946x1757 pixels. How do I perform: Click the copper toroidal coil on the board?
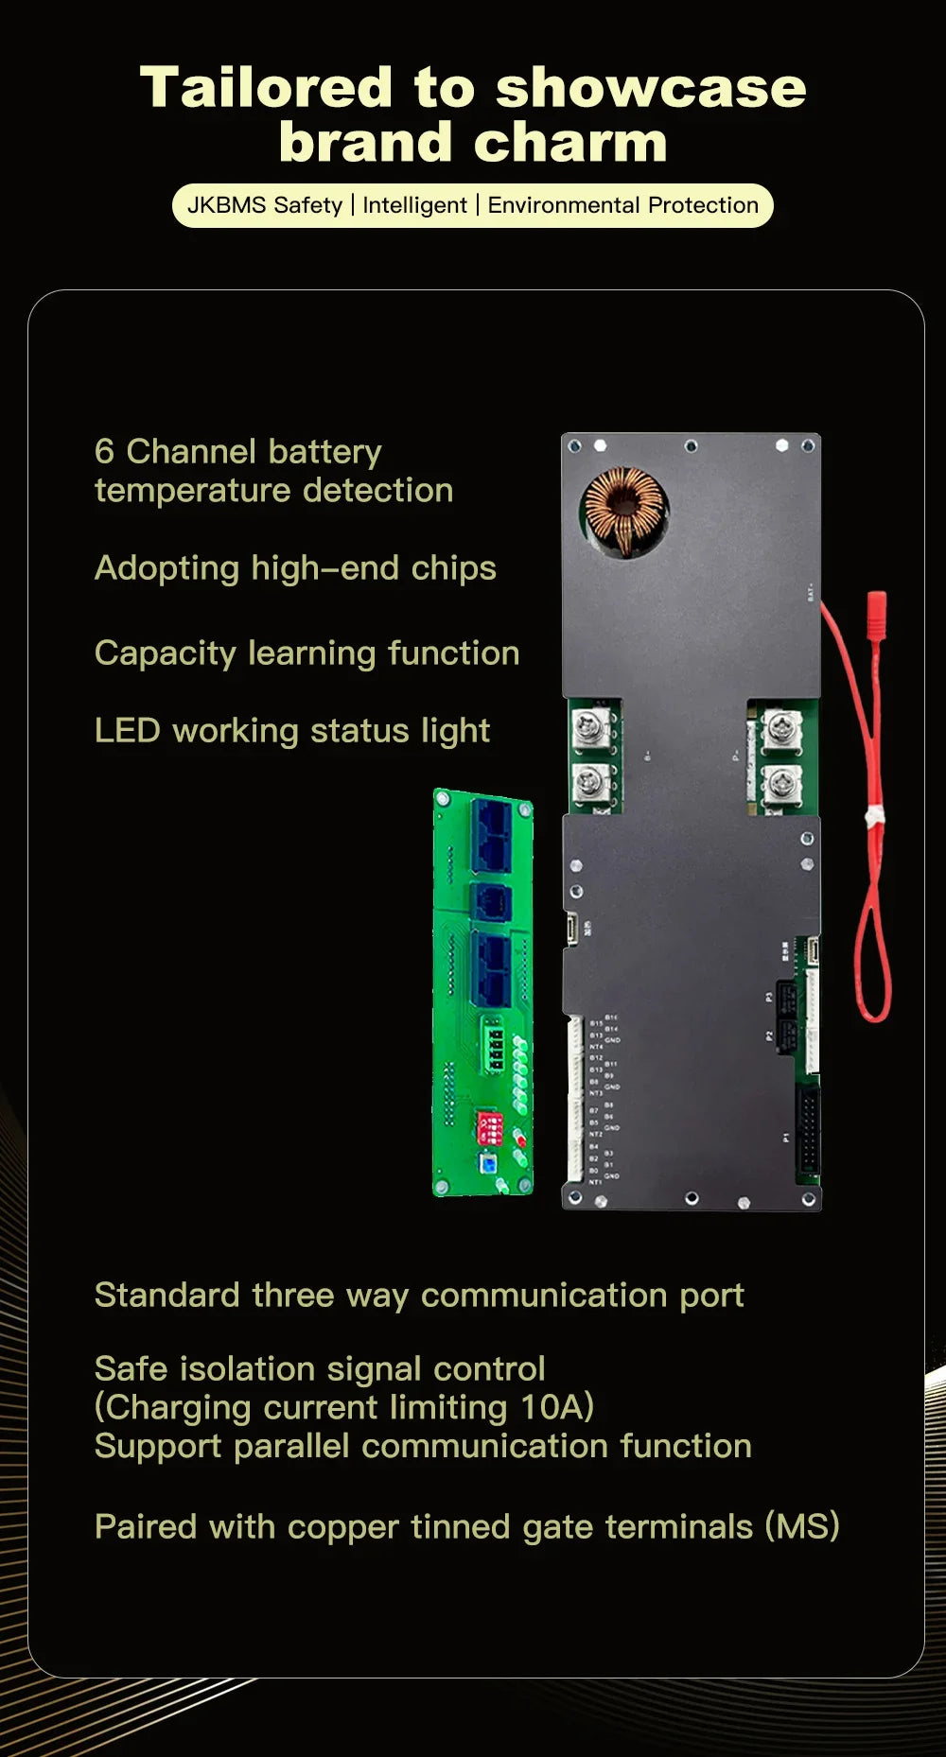pyautogui.click(x=624, y=510)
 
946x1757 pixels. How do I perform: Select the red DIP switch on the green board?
pyautogui.click(x=489, y=1127)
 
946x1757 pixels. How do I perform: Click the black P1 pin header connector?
pyautogui.click(x=807, y=1130)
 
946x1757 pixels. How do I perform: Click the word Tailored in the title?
pyautogui.click(x=265, y=88)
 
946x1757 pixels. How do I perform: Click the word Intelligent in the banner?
pyautogui.click(x=414, y=205)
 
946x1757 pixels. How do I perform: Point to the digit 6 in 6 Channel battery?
pyautogui.click(x=104, y=451)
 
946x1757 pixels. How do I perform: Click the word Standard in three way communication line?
pyautogui.click(x=166, y=1295)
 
